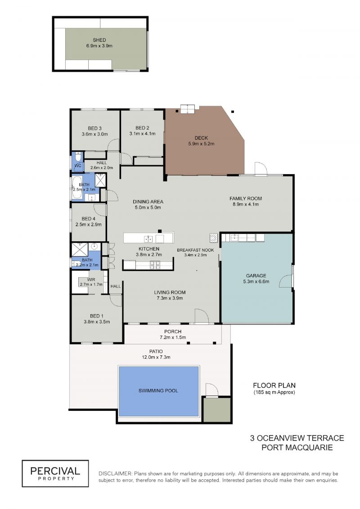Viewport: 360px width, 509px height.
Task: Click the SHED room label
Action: pos(99,40)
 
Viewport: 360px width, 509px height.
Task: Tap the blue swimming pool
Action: pos(158,391)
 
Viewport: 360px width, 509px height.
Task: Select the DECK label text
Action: pos(201,138)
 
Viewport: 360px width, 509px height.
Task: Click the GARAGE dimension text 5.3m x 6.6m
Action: pos(256,282)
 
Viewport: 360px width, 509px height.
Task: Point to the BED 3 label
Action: pos(95,128)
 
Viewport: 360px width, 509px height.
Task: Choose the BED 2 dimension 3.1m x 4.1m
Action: pos(142,134)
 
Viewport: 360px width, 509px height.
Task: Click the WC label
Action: pos(78,166)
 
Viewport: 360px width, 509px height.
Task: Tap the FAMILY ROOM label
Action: pos(246,198)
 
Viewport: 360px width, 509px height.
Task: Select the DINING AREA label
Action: pos(148,202)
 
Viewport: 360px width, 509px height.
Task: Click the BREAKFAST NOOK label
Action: pos(195,250)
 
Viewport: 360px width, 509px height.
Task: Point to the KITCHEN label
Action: pos(149,249)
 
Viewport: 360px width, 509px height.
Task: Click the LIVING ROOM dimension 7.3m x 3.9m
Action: pos(170,298)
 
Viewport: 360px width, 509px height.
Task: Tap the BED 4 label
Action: pos(89,219)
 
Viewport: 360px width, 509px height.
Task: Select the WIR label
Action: pos(91,279)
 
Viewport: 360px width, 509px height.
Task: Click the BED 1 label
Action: pos(97,316)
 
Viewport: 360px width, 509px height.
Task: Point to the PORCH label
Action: pos(173,331)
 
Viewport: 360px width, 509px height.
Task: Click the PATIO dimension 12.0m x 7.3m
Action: pos(156,357)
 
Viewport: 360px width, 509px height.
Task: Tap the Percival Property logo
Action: pos(55,473)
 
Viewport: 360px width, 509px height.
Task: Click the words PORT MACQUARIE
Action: pos(297,448)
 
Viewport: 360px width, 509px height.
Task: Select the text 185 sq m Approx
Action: pos(274,392)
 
